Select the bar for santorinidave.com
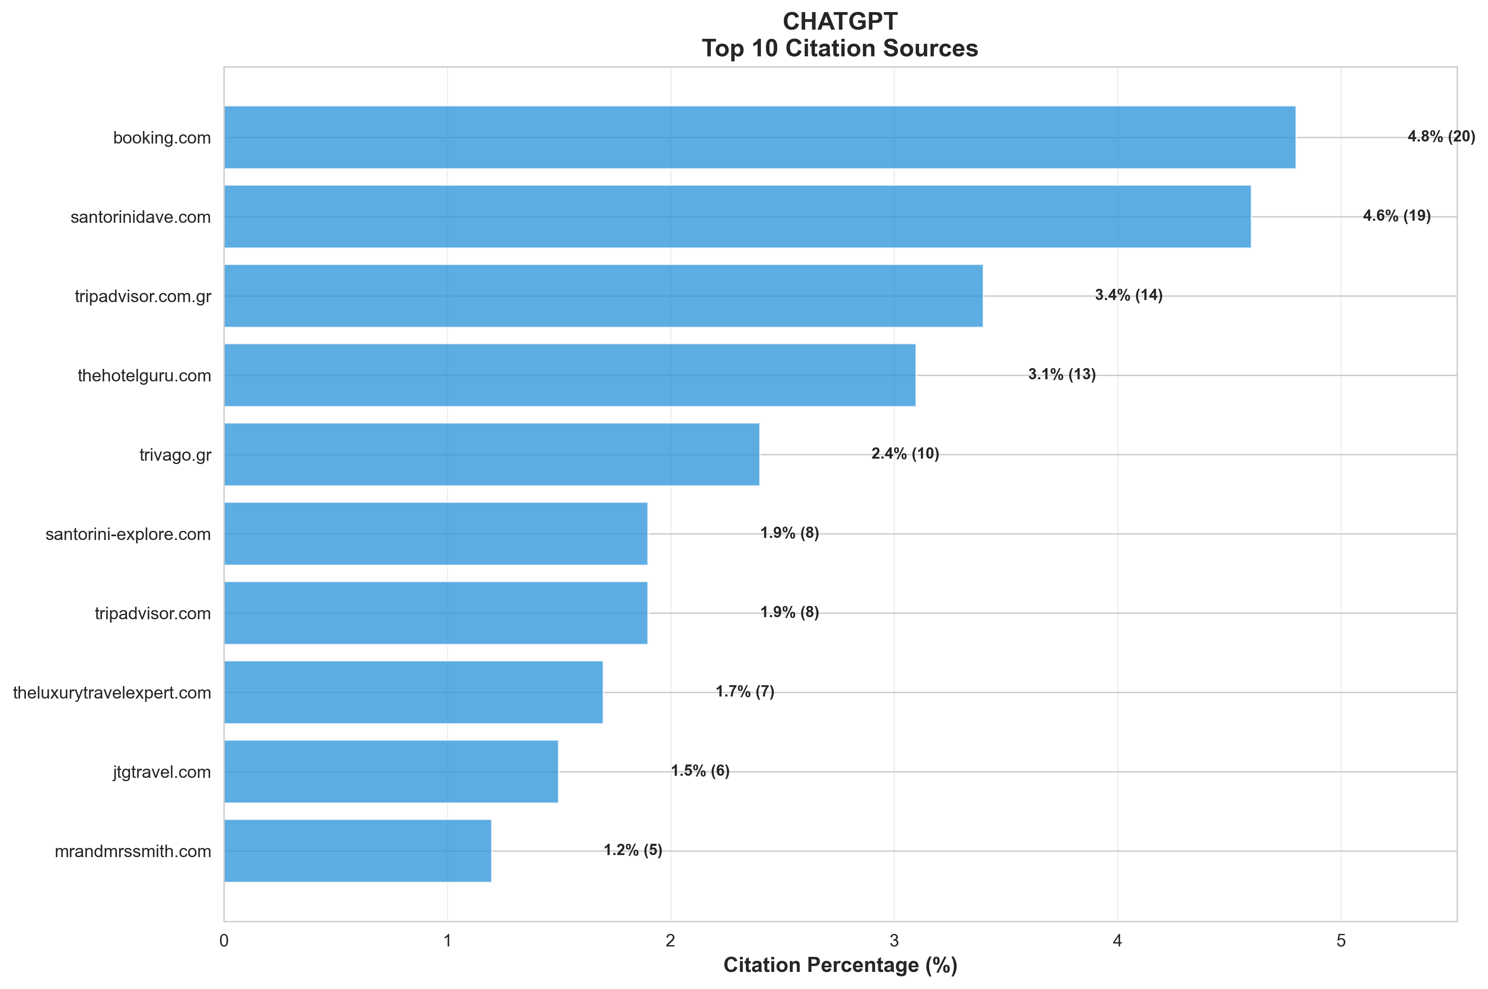737,216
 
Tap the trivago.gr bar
492,454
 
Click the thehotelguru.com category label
144,376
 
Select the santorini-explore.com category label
128,534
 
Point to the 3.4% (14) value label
1128,295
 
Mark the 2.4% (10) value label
905,454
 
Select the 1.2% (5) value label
633,850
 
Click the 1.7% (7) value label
745,691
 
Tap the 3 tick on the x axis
894,941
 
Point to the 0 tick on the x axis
224,941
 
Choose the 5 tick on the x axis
1341,941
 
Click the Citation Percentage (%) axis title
840,965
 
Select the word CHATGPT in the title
840,21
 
